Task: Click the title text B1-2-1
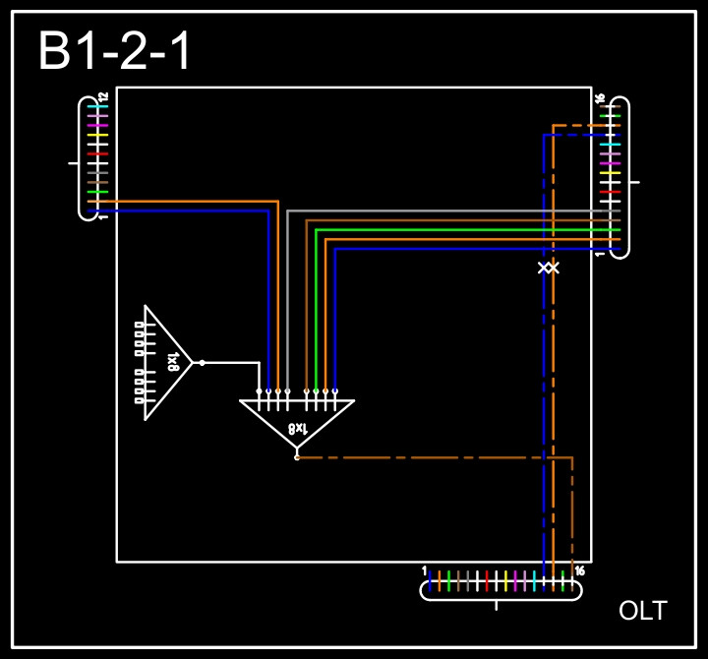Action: tap(115, 52)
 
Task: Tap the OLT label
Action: tap(642, 611)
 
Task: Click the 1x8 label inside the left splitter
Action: tap(173, 362)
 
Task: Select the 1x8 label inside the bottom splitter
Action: tap(297, 428)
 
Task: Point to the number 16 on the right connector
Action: tap(599, 97)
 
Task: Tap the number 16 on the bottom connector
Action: tap(580, 571)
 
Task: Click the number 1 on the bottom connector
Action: tap(424, 571)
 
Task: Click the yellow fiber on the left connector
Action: tap(96, 135)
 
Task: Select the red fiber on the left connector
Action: tap(96, 154)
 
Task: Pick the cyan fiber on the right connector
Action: tap(611, 145)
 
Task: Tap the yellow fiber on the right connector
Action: tap(611, 173)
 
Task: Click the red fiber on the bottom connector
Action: tap(486, 581)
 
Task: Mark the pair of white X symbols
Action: tap(549, 268)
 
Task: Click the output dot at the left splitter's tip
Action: tap(202, 363)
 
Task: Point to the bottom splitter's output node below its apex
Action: tap(297, 457)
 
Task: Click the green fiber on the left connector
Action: tap(96, 192)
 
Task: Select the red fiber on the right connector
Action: tap(611, 192)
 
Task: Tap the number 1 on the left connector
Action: tap(103, 216)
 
